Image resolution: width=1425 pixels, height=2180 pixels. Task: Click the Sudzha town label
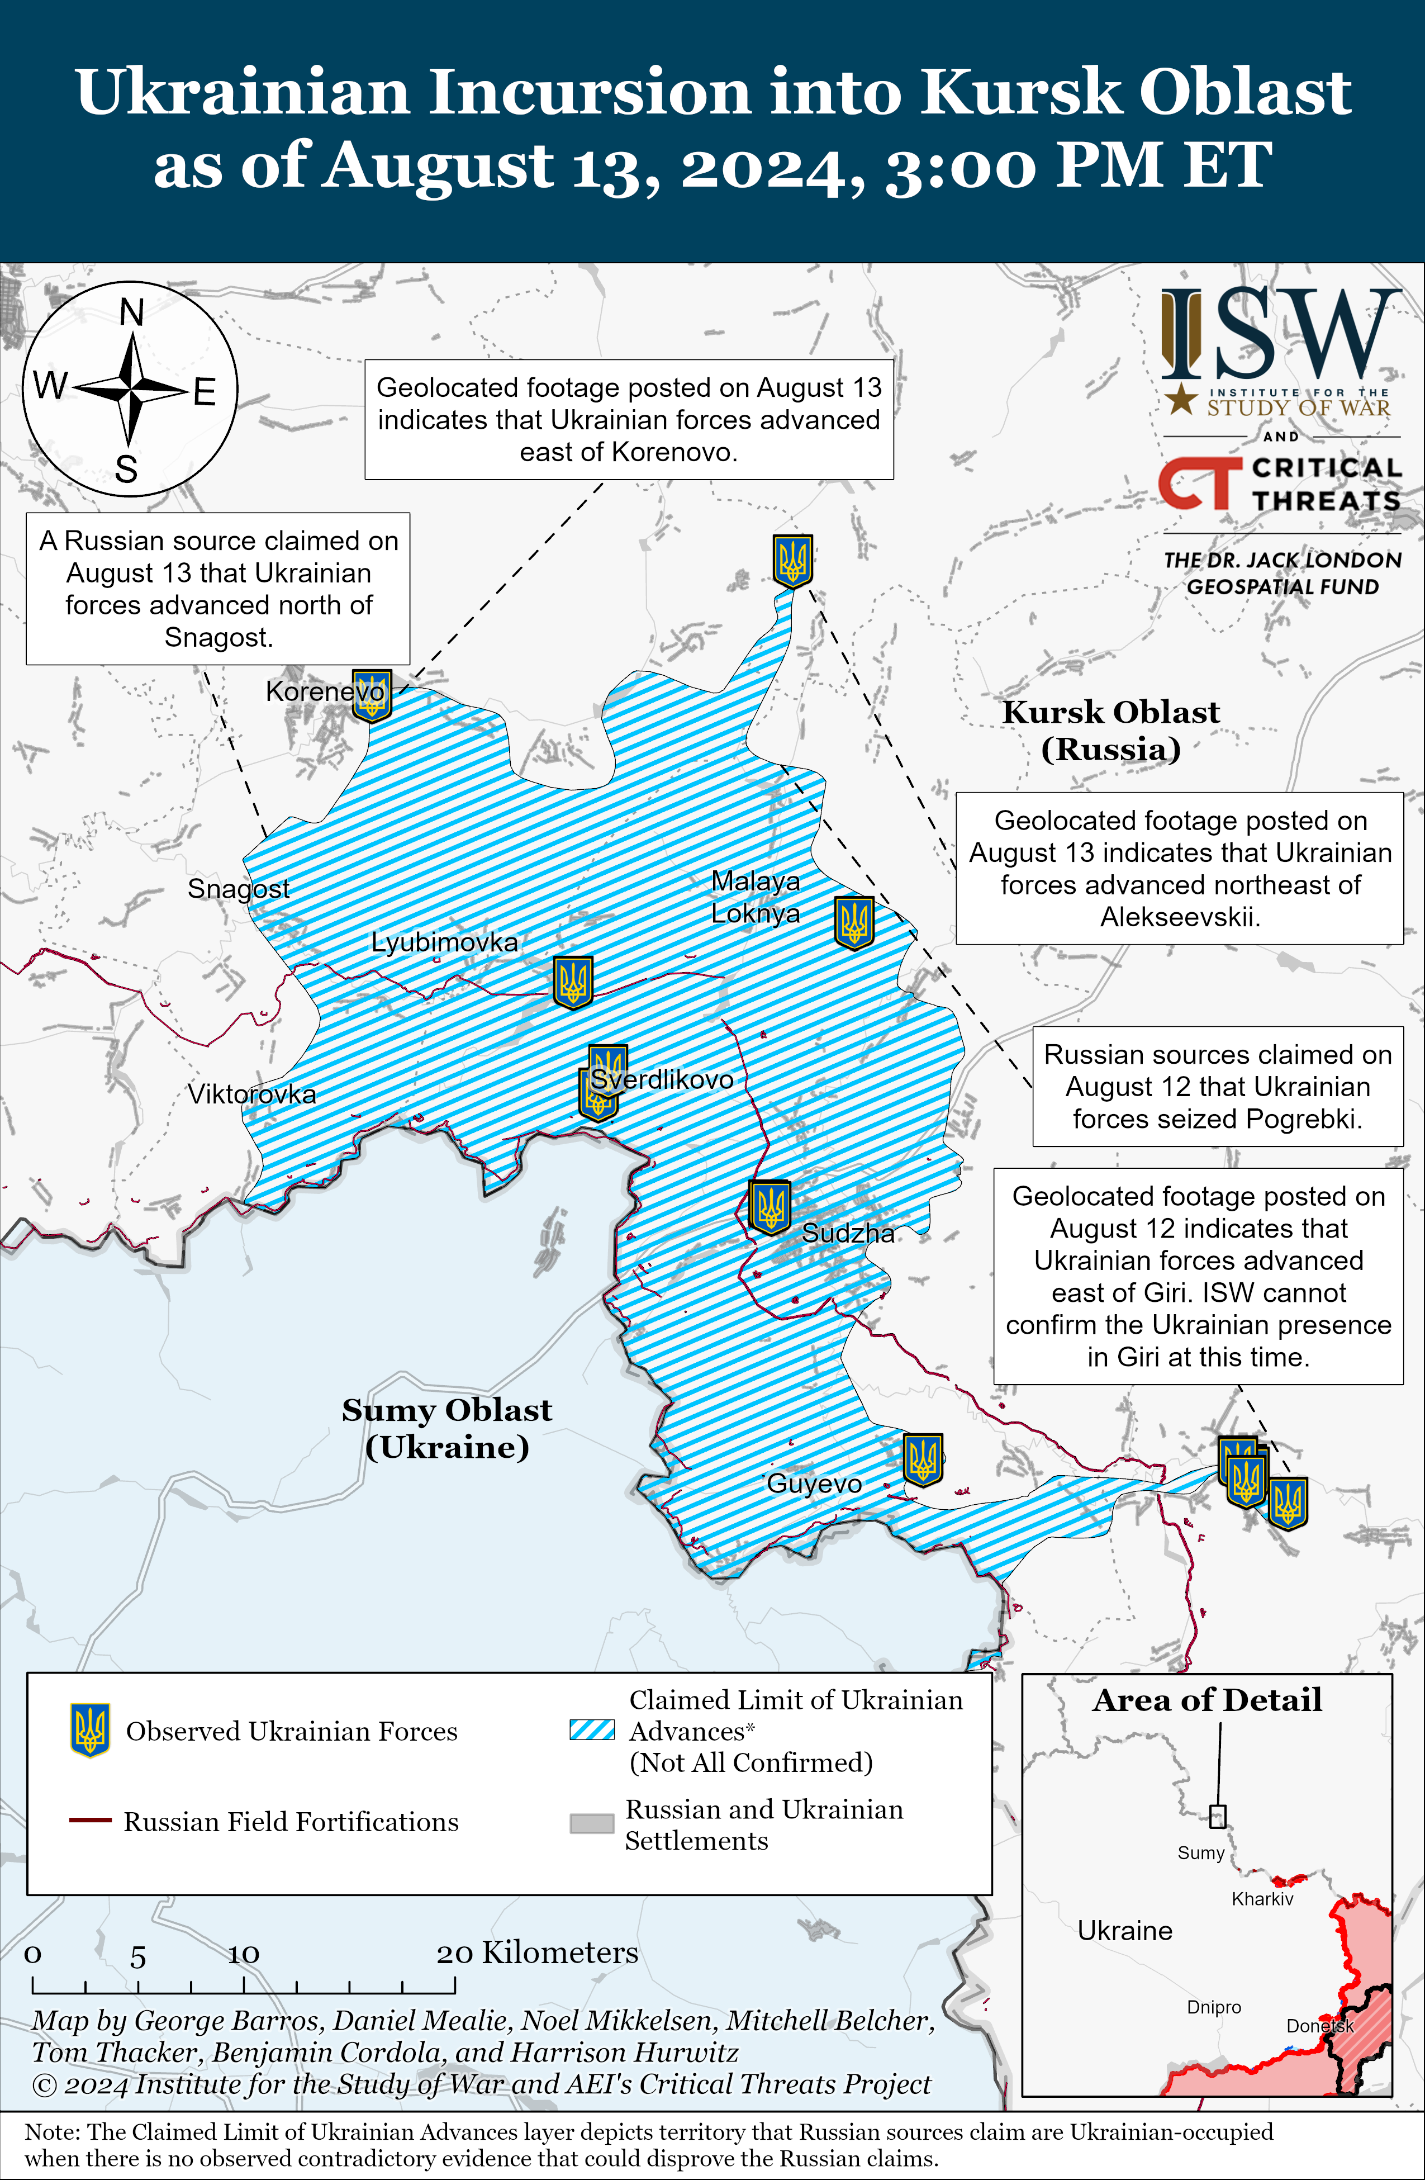pos(847,1233)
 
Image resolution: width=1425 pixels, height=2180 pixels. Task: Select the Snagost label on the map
pos(238,888)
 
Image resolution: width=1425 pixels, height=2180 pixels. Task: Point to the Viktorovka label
pos(252,1094)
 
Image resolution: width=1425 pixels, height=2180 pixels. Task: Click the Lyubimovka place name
pos(444,942)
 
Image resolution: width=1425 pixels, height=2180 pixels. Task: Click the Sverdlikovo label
pos(661,1079)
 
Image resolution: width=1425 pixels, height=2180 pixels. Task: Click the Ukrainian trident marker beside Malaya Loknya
pos(853,922)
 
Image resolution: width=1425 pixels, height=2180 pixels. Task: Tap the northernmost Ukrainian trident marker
pos(792,561)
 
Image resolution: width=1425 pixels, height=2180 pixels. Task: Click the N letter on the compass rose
pos(132,313)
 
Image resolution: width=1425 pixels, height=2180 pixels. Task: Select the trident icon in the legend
pos(90,1730)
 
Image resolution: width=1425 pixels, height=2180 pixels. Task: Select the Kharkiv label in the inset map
pos(1262,1899)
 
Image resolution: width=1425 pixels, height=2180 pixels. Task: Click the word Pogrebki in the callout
pos(1307,1119)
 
